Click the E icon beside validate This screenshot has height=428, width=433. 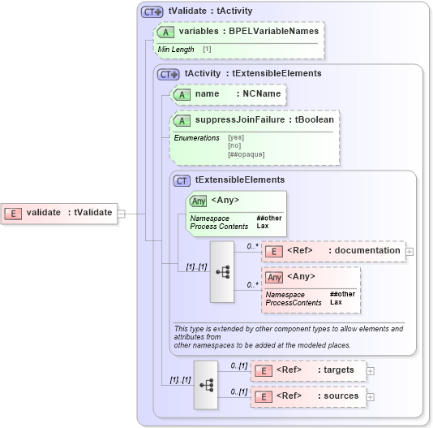point(14,213)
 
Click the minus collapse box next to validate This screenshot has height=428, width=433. point(121,213)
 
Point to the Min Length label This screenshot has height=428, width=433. point(176,50)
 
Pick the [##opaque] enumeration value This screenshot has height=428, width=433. point(247,154)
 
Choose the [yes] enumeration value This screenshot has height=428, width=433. point(236,137)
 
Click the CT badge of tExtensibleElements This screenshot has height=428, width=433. point(182,180)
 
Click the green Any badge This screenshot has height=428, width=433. point(198,201)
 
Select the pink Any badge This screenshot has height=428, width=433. point(275,277)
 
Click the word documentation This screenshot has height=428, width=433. point(367,250)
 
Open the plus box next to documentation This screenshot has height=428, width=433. point(409,251)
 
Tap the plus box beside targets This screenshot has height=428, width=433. point(371,370)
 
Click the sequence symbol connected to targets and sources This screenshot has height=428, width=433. point(206,384)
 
